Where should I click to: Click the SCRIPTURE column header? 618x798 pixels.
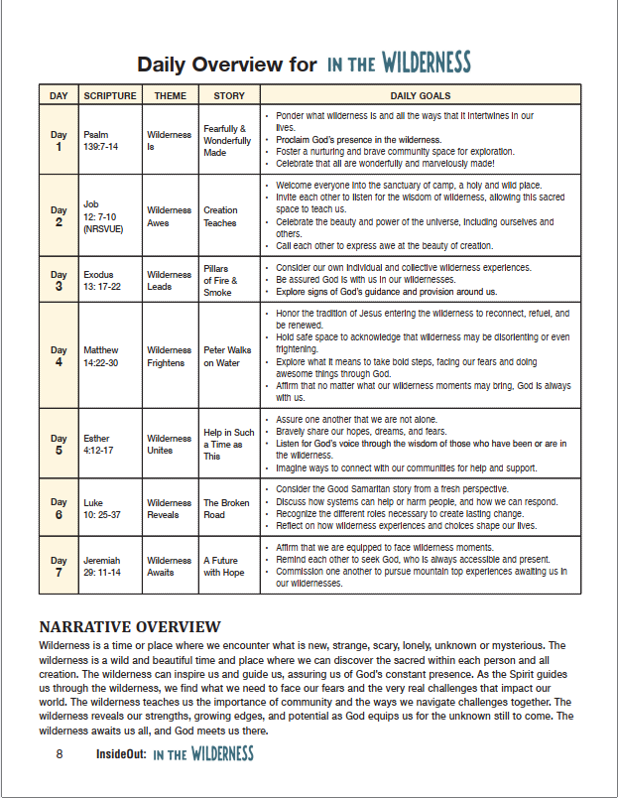(109, 96)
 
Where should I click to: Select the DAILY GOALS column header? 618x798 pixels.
(421, 96)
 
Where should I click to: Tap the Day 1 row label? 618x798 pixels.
(59, 140)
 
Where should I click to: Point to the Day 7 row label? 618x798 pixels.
(59, 566)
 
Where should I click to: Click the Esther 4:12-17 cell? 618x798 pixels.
(99, 444)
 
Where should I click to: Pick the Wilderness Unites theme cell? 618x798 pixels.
(169, 444)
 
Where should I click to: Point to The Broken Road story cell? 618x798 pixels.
(228, 508)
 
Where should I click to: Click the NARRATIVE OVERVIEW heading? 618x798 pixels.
(129, 627)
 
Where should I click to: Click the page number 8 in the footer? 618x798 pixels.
(60, 754)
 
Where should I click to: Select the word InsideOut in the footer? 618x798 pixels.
(122, 754)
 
